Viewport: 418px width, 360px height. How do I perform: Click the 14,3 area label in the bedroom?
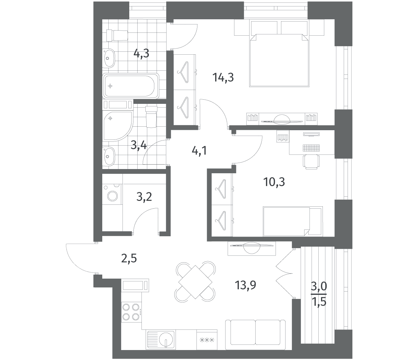click(223, 77)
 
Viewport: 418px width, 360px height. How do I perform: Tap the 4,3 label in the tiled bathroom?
click(141, 54)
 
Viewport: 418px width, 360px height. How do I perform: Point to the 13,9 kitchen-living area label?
click(246, 285)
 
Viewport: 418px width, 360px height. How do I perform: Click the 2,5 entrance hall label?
click(129, 259)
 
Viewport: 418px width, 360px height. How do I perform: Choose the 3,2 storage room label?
click(144, 197)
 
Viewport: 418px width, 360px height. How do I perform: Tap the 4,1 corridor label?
click(199, 151)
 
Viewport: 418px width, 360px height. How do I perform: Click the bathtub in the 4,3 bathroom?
click(131, 86)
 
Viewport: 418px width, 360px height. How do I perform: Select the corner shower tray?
click(118, 125)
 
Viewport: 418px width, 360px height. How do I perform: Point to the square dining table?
click(195, 282)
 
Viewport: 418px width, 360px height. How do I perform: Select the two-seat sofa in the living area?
click(255, 337)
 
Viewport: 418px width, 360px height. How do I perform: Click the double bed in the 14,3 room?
click(279, 60)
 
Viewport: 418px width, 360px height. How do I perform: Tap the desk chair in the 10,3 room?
click(311, 161)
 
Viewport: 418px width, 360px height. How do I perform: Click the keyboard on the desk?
click(311, 148)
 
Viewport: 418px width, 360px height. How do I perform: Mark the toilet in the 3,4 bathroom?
click(151, 117)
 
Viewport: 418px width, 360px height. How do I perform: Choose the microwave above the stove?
click(135, 285)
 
